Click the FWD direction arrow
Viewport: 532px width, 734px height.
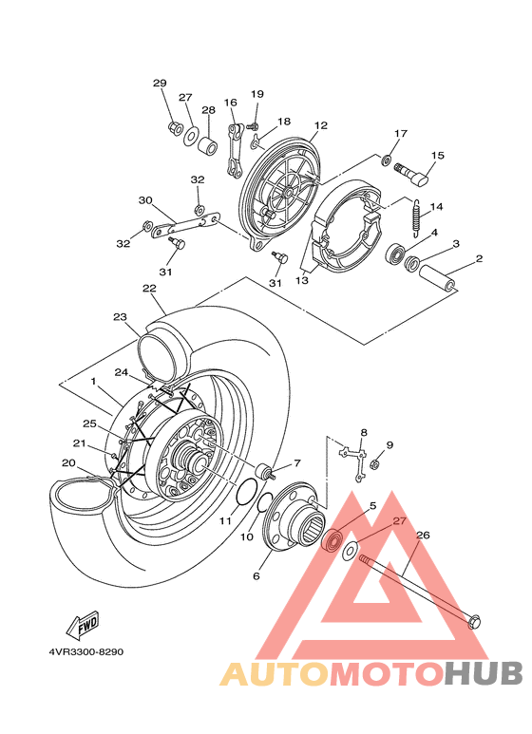(83, 626)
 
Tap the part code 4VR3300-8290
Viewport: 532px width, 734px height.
(86, 651)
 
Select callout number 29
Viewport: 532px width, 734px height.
(160, 84)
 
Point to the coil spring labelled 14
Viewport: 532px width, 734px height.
(416, 216)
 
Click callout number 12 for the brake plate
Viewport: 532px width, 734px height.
(321, 125)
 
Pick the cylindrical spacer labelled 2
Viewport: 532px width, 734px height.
(437, 278)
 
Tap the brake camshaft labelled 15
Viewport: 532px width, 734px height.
(412, 172)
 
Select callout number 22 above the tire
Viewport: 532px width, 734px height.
(149, 289)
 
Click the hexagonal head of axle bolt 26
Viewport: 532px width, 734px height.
(473, 622)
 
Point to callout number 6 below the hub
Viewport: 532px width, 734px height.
(256, 576)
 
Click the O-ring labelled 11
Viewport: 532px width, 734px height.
(245, 493)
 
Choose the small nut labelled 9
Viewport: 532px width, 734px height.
(374, 464)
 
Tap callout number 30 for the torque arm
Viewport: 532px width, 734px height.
(145, 200)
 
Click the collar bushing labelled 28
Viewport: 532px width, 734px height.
(206, 144)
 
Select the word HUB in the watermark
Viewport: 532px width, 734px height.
(483, 673)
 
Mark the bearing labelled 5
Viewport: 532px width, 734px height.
(332, 539)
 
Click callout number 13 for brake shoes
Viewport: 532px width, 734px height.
(302, 280)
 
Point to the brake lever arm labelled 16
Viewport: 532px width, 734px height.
(235, 150)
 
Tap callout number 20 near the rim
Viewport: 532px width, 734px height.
(68, 463)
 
